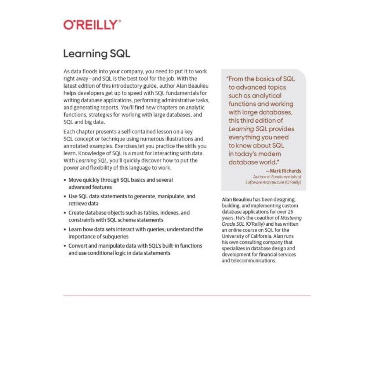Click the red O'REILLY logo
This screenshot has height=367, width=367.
(x=92, y=25)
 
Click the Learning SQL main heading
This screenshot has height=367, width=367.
(x=97, y=54)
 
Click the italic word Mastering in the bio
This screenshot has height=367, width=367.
(x=291, y=218)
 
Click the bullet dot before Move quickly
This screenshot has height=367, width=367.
(x=65, y=180)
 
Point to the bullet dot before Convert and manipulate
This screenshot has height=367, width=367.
(x=65, y=246)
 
